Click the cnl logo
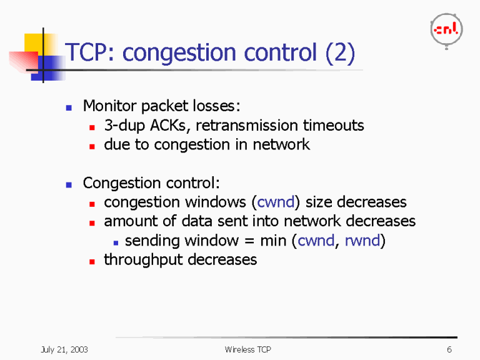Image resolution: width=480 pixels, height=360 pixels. pos(446,29)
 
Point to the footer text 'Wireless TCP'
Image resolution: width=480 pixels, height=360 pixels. pos(247,349)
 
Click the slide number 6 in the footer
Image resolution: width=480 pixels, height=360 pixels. pos(449,349)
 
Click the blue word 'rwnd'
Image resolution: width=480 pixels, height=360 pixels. pos(362,241)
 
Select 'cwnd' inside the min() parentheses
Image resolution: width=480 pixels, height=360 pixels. pos(316,241)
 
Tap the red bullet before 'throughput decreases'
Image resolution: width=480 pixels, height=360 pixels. pos(91,261)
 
